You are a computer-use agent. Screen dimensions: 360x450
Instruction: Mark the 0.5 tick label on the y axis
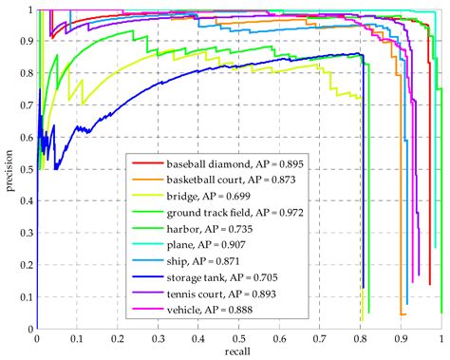(24, 169)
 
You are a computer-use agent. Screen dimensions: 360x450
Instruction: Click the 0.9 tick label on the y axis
(24, 42)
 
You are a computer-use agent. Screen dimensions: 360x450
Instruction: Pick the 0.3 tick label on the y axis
(24, 233)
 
